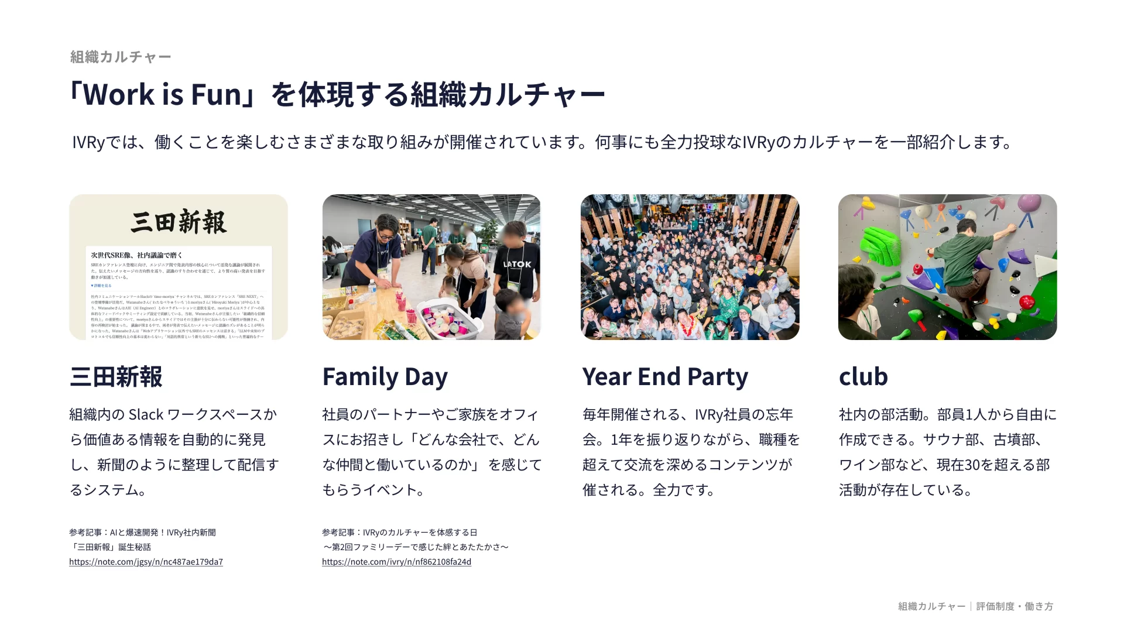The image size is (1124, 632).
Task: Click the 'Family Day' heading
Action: pos(385,377)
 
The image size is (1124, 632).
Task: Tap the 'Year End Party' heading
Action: pos(665,377)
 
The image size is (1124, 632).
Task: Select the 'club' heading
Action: pos(863,377)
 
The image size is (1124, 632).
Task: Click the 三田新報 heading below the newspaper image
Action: pos(116,377)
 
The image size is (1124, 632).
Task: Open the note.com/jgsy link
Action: pos(146,562)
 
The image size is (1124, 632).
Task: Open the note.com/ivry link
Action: pos(396,562)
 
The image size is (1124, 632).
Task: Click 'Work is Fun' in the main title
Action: pos(162,95)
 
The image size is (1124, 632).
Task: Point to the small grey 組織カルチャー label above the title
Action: pos(121,57)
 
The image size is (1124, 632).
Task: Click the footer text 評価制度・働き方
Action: pos(1015,606)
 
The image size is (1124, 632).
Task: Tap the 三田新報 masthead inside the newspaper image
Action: pos(179,222)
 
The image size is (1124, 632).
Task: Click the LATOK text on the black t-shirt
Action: pos(518,265)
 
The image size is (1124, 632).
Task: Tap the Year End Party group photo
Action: pos(690,267)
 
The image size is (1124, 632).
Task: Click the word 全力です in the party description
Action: pos(684,490)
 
